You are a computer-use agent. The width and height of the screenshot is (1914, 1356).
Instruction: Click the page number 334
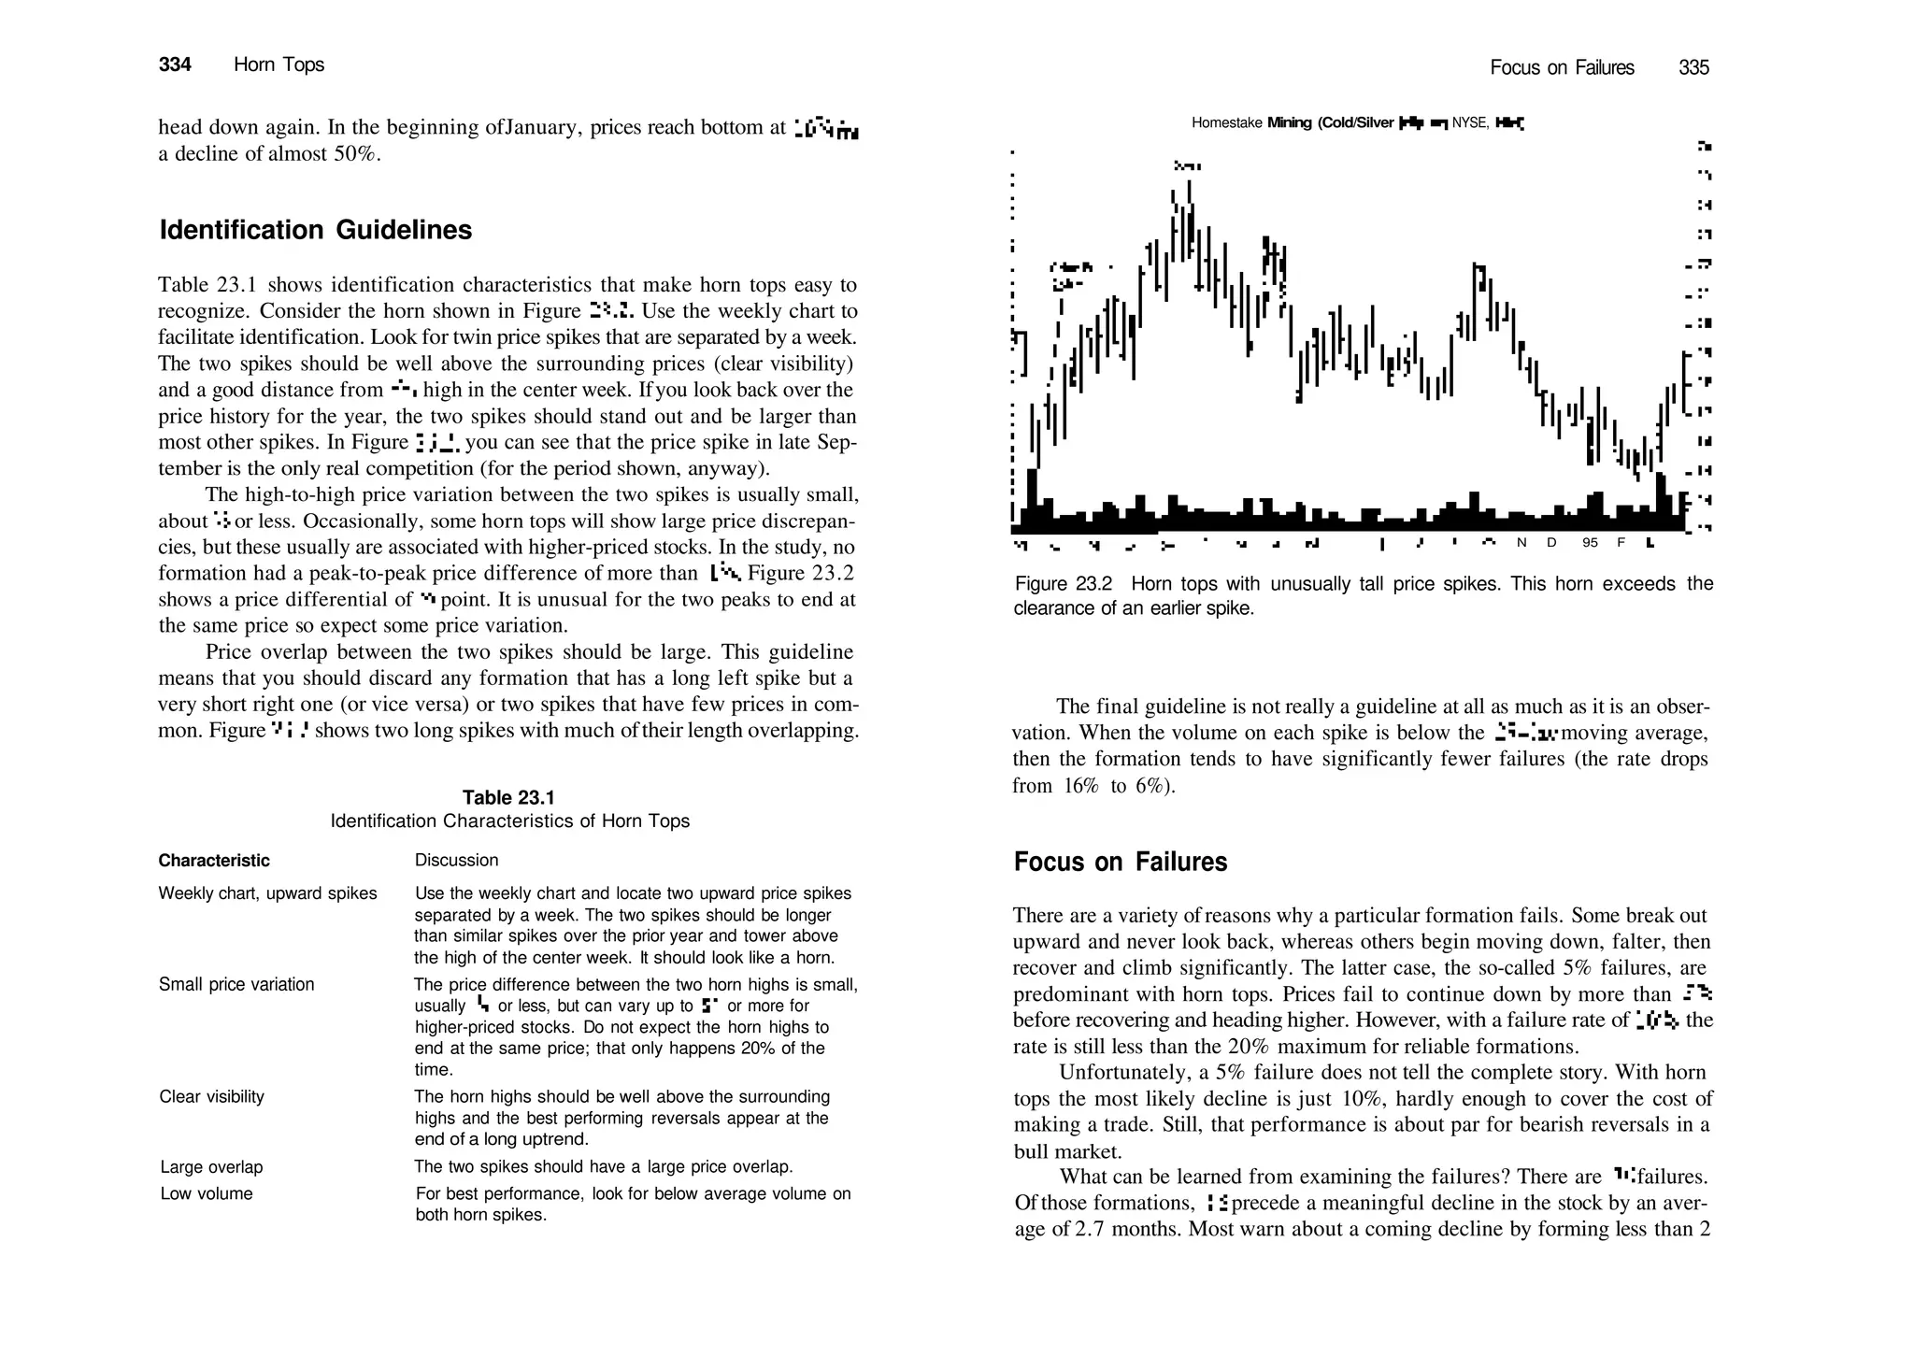click(175, 64)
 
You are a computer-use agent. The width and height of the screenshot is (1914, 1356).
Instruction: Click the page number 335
click(1693, 67)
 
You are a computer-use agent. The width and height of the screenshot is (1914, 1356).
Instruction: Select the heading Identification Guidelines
click(315, 230)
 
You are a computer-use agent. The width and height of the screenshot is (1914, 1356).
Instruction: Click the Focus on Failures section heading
click(1120, 862)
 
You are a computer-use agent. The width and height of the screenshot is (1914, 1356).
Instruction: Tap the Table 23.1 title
click(508, 797)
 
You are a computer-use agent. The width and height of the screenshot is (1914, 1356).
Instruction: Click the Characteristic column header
click(214, 861)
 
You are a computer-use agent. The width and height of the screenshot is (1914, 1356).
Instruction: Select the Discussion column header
click(456, 860)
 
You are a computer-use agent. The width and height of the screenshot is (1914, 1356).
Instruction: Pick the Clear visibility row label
click(211, 1097)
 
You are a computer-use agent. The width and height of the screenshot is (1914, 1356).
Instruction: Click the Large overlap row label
click(211, 1167)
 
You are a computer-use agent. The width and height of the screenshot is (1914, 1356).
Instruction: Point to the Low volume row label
click(207, 1193)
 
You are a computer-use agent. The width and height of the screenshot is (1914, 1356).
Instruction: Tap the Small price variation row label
click(236, 984)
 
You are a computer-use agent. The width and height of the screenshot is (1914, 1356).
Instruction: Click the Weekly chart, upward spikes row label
click(267, 893)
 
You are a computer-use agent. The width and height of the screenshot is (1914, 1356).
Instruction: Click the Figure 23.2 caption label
click(1063, 584)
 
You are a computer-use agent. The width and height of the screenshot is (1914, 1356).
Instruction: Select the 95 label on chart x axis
click(1590, 543)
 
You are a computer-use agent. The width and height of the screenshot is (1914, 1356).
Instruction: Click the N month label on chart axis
click(1521, 543)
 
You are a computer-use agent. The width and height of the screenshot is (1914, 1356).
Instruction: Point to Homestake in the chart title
click(1226, 123)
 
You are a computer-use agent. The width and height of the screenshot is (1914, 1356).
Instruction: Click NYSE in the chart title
click(1469, 123)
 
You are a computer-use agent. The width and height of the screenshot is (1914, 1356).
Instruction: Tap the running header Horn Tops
click(279, 64)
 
